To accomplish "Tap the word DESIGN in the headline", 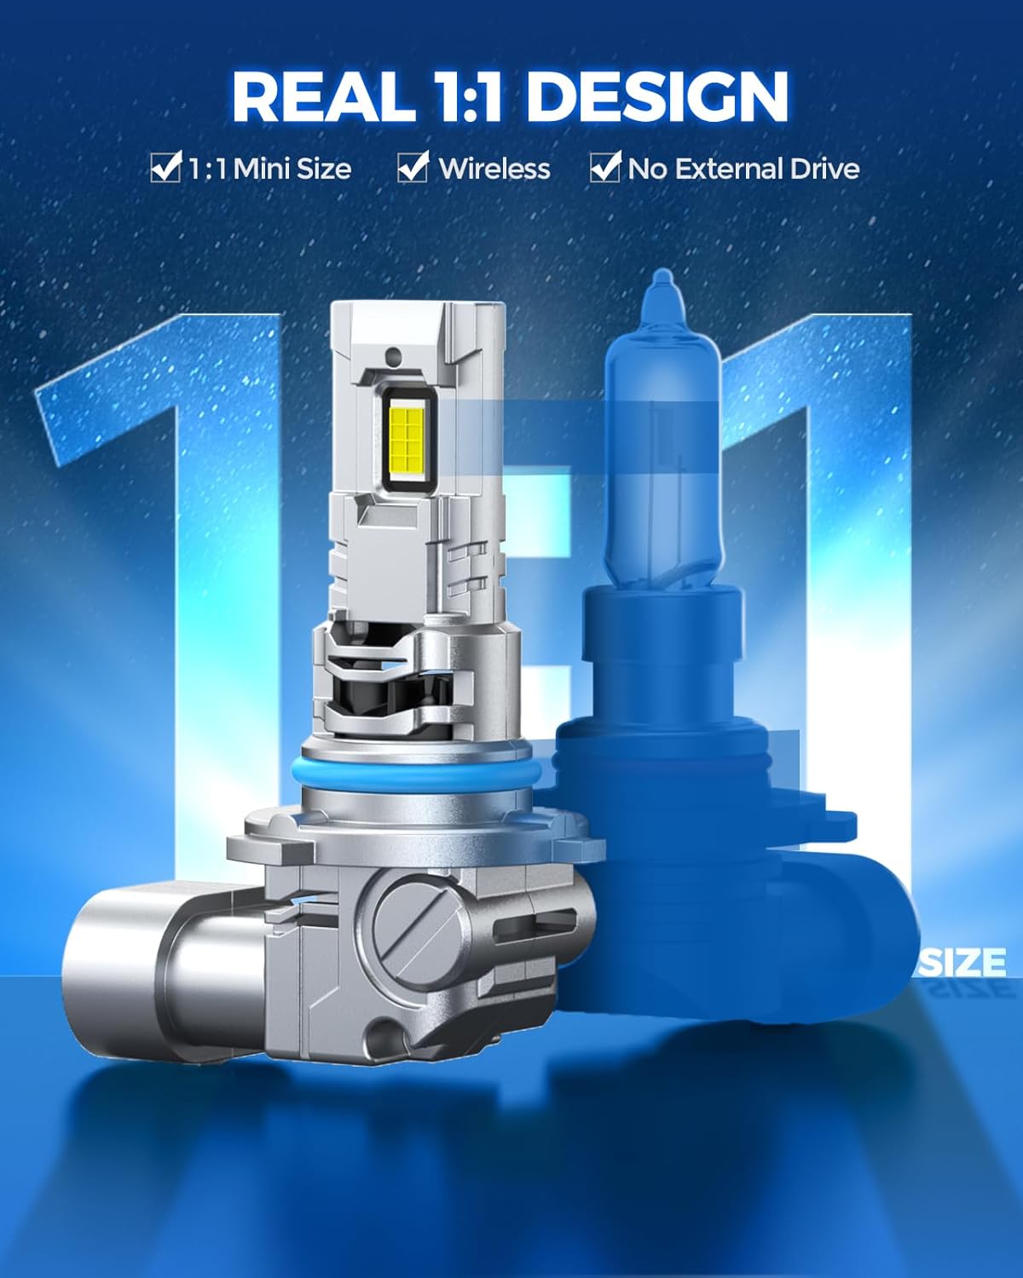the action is tap(658, 97).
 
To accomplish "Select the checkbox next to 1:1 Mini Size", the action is tap(165, 167).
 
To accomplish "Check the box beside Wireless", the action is tap(413, 167).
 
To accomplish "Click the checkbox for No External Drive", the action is tap(605, 167).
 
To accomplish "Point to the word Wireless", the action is tap(494, 170).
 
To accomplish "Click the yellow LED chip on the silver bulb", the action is tap(407, 440).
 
